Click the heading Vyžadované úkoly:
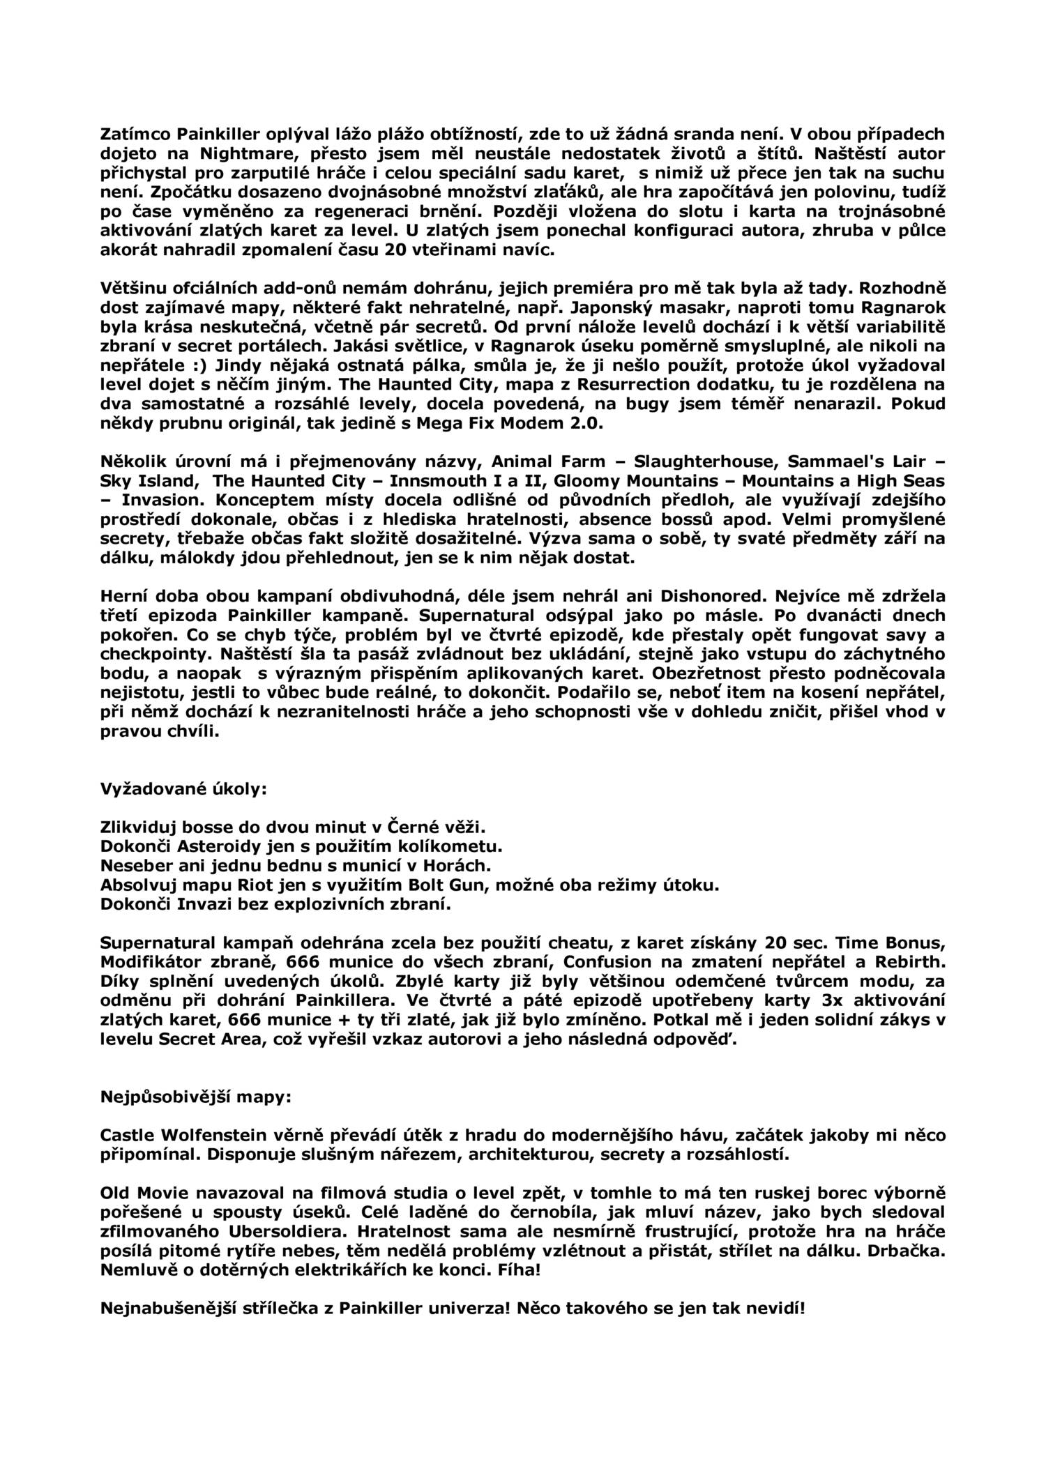[x=184, y=788]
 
